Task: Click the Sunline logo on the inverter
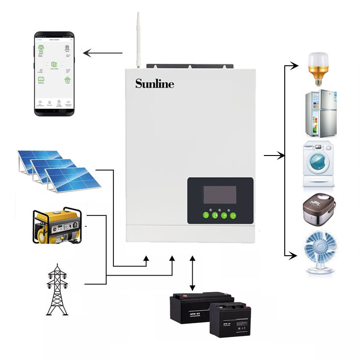click(154, 83)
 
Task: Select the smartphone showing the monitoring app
click(55, 74)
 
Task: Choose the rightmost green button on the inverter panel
click(233, 215)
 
